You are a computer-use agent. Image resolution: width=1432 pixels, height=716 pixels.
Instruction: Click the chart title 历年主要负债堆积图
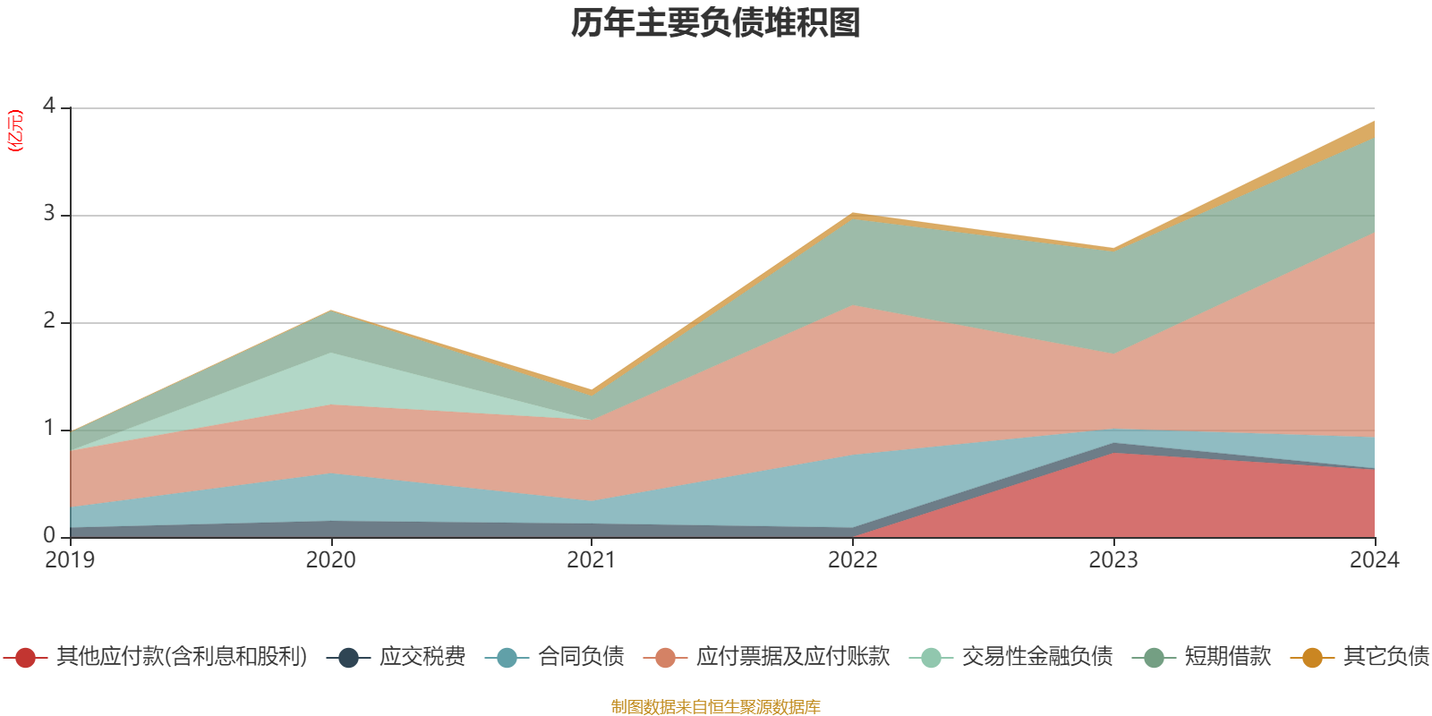click(x=716, y=23)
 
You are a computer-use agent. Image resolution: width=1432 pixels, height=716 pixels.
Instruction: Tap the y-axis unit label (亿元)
click(x=15, y=131)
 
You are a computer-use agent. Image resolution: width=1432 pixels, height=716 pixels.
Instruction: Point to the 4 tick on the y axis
click(x=48, y=107)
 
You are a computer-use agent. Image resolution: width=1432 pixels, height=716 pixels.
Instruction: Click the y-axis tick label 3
click(x=48, y=214)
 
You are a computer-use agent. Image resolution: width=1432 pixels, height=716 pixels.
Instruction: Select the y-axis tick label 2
click(x=48, y=321)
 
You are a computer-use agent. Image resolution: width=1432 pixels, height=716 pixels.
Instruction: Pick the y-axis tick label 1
click(x=48, y=429)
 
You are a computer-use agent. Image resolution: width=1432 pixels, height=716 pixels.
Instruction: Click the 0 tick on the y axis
click(x=48, y=535)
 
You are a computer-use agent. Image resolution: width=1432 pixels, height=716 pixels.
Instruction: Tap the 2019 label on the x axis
click(x=70, y=560)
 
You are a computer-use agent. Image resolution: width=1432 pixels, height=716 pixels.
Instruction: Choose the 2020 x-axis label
click(x=331, y=560)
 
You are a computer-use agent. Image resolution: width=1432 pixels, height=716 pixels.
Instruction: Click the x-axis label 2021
click(x=592, y=560)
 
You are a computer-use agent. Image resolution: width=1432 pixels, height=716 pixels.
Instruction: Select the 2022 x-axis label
click(x=853, y=560)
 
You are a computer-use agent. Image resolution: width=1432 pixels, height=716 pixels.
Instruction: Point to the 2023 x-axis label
click(x=1113, y=560)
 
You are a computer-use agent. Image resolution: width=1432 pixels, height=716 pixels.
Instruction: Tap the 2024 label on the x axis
click(x=1374, y=560)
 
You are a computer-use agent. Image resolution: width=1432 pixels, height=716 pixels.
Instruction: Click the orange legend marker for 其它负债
click(x=1312, y=658)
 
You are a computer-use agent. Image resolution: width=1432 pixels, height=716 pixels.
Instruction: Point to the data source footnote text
click(x=716, y=707)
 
